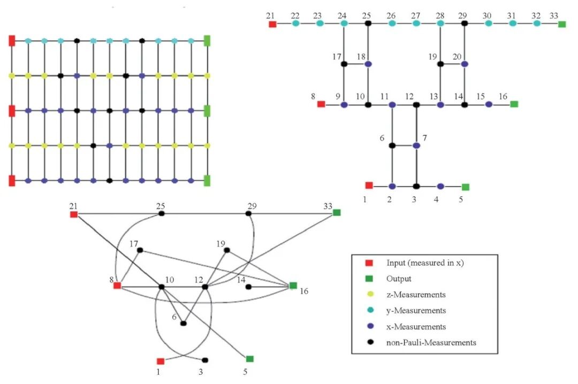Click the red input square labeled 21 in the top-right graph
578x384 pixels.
tap(272, 24)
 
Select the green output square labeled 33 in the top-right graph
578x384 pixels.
tap(561, 24)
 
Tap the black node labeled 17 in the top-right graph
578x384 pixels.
tap(344, 64)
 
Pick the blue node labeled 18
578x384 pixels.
tap(368, 64)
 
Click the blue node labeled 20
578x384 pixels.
tap(465, 64)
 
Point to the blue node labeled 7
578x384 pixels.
tap(416, 145)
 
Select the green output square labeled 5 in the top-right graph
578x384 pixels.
tap(466, 187)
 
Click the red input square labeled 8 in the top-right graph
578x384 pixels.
tap(321, 104)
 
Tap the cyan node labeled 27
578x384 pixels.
tap(416, 24)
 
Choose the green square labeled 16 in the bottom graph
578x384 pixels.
tap(293, 286)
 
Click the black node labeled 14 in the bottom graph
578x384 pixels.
tap(248, 287)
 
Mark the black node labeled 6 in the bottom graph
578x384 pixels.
tap(184, 323)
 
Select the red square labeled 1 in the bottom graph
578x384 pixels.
tap(160, 361)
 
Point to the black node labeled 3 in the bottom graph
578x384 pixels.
tap(205, 360)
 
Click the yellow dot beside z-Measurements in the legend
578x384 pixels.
tap(370, 295)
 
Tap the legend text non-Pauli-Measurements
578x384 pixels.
tap(431, 342)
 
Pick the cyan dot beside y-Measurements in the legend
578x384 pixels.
tap(370, 310)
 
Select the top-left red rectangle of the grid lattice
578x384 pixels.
tap(12, 41)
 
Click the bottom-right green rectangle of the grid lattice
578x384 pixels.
tap(207, 180)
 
